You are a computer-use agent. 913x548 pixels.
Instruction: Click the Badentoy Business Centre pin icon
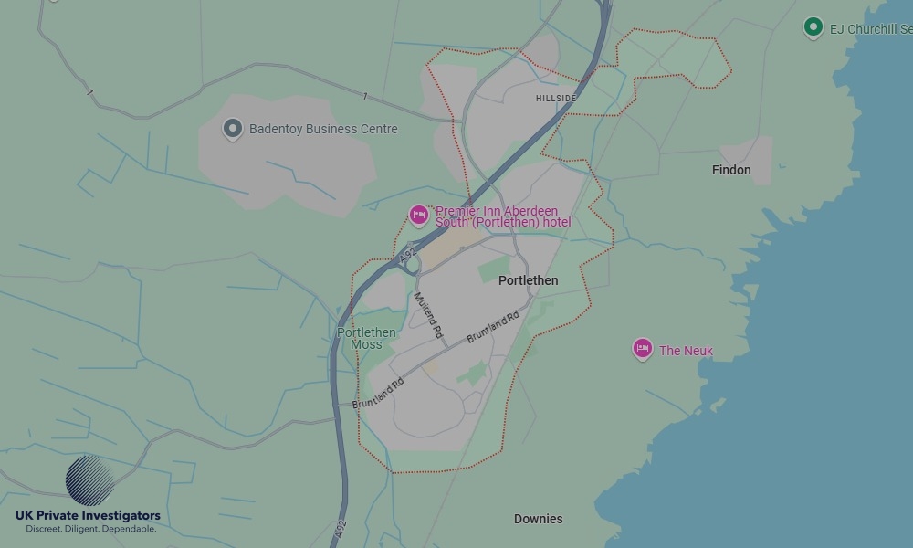[233, 129]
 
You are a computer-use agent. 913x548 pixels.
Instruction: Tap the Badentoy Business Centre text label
[323, 129]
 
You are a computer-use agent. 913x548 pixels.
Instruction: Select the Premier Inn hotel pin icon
[419, 216]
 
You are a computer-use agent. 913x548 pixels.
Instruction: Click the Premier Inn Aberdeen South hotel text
[500, 217]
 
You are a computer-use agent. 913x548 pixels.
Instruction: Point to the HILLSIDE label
[556, 98]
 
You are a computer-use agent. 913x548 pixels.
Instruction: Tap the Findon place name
[731, 170]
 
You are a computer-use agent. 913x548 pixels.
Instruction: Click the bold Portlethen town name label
[528, 280]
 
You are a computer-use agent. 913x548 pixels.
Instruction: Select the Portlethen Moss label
[366, 338]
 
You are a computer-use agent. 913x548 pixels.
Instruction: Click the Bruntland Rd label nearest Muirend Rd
[492, 327]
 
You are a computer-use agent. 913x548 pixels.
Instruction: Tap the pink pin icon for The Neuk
[643, 348]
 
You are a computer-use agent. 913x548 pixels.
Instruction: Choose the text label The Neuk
[686, 351]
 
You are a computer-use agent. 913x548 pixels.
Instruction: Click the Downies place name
[538, 519]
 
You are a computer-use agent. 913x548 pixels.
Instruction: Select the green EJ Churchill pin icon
[813, 27]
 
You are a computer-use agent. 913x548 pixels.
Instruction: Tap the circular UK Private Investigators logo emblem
[89, 480]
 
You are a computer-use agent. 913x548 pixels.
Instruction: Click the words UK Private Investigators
[88, 516]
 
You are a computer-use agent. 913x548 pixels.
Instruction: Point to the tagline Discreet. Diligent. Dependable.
[90, 530]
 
